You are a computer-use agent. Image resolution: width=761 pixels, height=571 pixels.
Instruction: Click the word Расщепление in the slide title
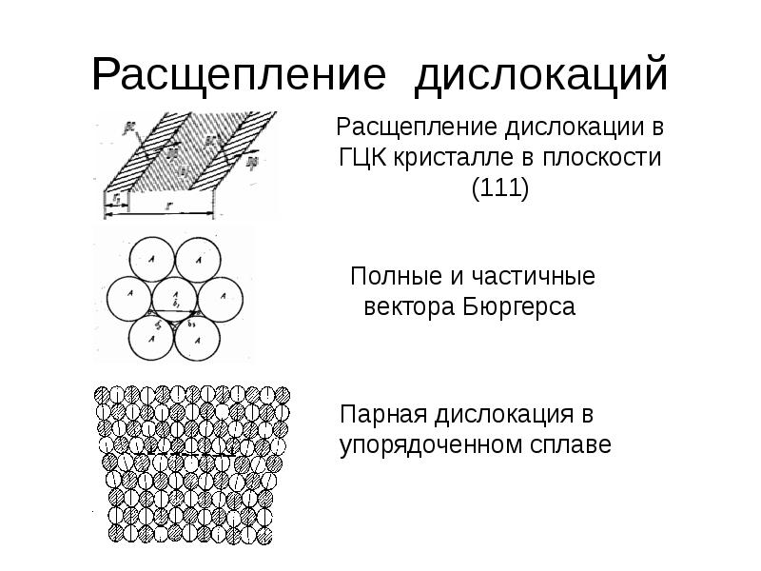(238, 75)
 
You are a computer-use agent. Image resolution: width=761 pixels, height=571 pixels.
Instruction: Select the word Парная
(387, 415)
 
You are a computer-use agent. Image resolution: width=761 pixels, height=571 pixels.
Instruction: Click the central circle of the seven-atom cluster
(175, 297)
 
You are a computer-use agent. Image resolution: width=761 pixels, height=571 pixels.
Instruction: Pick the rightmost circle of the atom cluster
(221, 297)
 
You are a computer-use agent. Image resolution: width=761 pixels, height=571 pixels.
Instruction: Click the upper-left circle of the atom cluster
(152, 257)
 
